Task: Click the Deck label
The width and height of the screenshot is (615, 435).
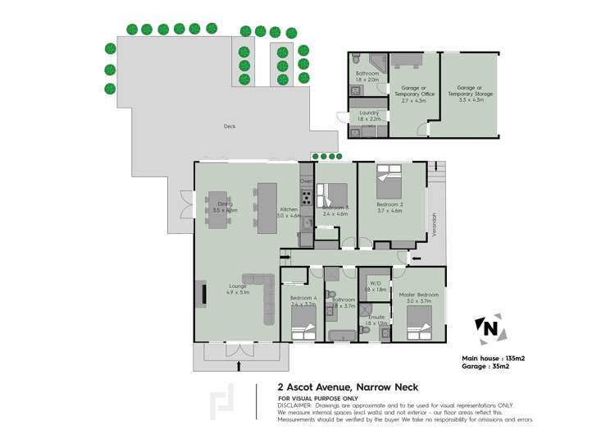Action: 230,126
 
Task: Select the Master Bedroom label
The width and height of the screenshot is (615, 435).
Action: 419,295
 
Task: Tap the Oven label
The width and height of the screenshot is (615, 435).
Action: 306,181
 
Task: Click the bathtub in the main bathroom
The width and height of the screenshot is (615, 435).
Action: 340,335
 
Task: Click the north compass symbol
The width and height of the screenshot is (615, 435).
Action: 488,330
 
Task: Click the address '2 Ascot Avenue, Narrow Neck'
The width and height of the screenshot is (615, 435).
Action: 348,387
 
